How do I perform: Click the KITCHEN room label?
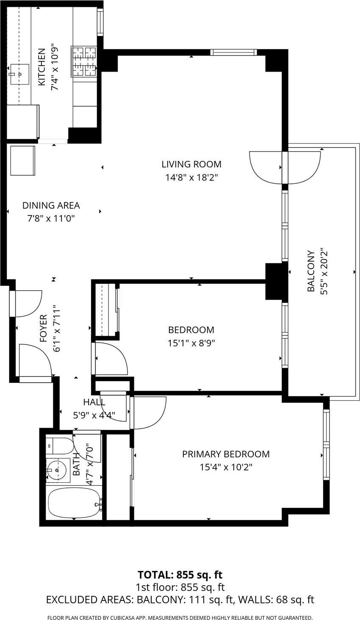[x=42, y=67]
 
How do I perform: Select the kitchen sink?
[x=19, y=74]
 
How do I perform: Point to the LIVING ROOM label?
[x=191, y=164]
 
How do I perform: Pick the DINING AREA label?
[x=51, y=205]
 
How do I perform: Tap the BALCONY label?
[x=311, y=271]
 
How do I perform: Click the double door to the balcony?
[x=285, y=167]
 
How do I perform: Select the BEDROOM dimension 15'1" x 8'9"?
[x=191, y=343]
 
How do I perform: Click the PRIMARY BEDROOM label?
[x=226, y=454]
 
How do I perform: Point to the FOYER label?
[x=43, y=328]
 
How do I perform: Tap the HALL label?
[x=94, y=402]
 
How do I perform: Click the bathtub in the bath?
[x=74, y=502]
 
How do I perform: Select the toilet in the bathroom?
[x=59, y=446]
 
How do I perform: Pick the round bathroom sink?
[x=57, y=470]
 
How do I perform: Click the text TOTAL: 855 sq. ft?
[x=180, y=575]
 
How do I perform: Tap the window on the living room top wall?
[x=233, y=53]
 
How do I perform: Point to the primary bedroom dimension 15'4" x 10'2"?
[x=226, y=467]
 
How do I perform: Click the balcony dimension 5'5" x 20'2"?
[x=324, y=271]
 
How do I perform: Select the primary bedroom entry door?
[x=148, y=412]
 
